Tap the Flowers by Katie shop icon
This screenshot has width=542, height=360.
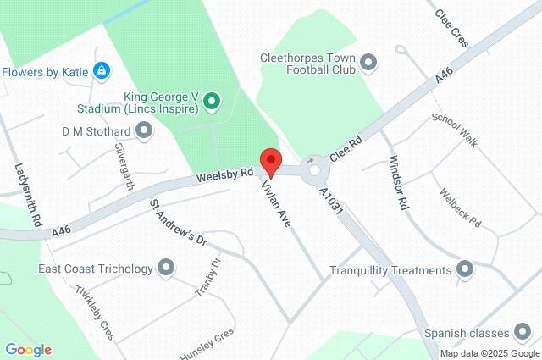pyautogui.click(x=102, y=70)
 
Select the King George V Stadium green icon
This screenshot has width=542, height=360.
pyautogui.click(x=213, y=103)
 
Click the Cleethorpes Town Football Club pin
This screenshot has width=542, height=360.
pyautogui.click(x=368, y=62)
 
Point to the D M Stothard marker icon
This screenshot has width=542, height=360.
pyautogui.click(x=145, y=130)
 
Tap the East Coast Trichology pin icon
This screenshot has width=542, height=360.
pyautogui.click(x=166, y=269)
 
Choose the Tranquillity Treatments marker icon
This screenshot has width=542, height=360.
pyautogui.click(x=464, y=270)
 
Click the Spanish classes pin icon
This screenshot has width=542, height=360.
pyautogui.click(x=521, y=332)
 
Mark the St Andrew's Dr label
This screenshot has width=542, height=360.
pyautogui.click(x=179, y=222)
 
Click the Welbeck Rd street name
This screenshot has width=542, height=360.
pyautogui.click(x=460, y=208)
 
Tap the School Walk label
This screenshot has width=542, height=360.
pyautogui.click(x=455, y=130)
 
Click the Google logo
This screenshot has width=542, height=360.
pyautogui.click(x=28, y=350)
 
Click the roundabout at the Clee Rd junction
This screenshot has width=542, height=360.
pyautogui.click(x=315, y=169)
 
